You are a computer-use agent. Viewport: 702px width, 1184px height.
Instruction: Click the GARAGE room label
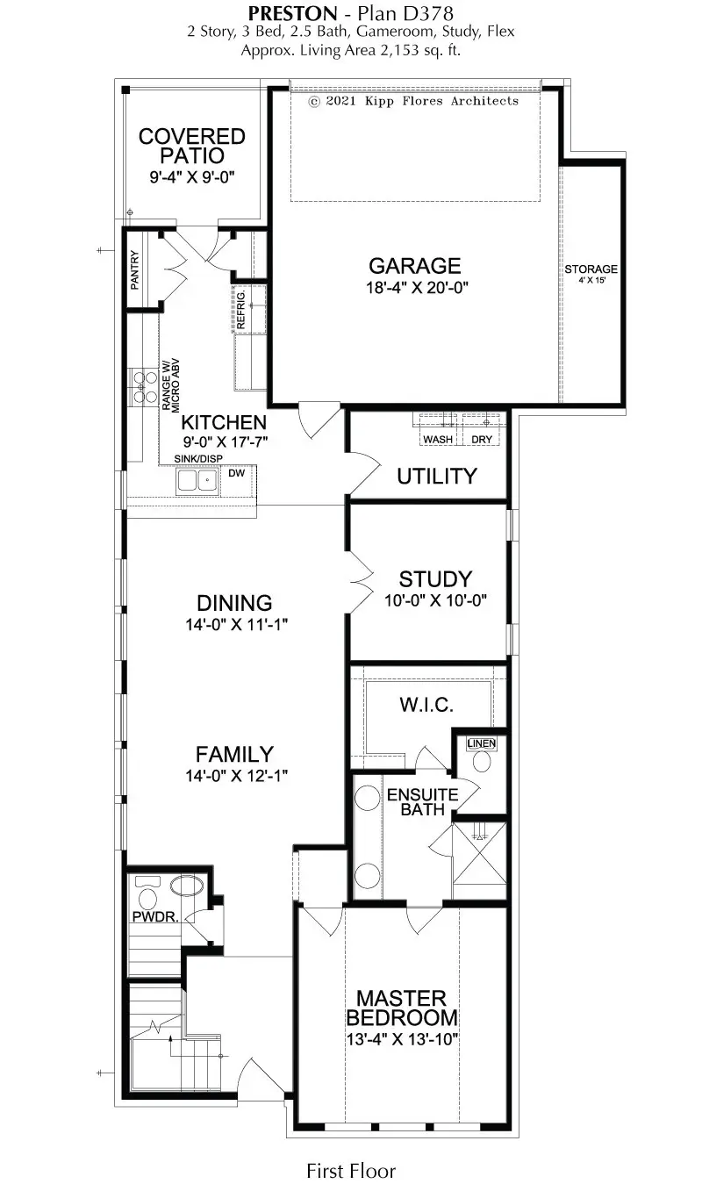(x=414, y=266)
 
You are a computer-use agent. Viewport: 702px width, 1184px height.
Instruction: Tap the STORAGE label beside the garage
(x=591, y=269)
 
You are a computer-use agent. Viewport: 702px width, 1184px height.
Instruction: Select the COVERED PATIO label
(x=192, y=146)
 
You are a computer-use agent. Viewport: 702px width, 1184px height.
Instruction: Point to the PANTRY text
(x=135, y=274)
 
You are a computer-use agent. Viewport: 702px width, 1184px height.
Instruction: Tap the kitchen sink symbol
(x=197, y=480)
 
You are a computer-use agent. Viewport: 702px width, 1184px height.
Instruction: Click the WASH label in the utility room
(x=438, y=439)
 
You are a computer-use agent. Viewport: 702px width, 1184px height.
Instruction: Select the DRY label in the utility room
(x=482, y=439)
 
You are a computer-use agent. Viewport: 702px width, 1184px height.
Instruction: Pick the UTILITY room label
(x=436, y=476)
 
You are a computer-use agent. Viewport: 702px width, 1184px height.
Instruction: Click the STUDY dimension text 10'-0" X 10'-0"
(x=435, y=600)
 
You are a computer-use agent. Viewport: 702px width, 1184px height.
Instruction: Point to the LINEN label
(x=482, y=743)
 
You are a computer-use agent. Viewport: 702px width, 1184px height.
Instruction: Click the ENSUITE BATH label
(x=423, y=802)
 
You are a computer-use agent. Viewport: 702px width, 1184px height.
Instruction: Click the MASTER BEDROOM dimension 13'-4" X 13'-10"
(x=402, y=1038)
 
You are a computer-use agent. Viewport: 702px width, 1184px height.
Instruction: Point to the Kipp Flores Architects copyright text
(x=413, y=101)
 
